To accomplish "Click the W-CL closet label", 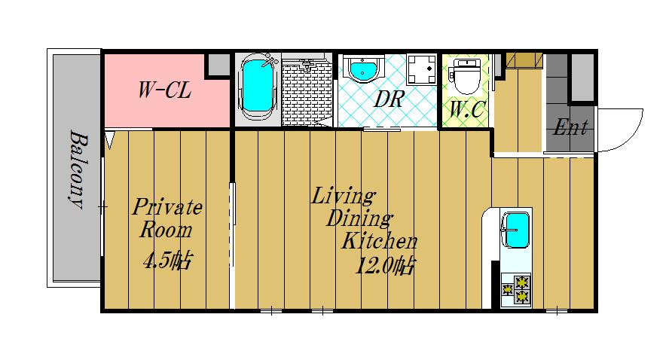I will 163,91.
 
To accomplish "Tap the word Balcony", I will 77,170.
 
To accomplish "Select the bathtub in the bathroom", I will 257,89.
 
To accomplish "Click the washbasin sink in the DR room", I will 363,71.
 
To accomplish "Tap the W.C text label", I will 466,110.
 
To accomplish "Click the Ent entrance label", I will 570,127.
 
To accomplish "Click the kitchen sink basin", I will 516,229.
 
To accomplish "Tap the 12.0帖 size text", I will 385,267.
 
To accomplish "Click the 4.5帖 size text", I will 166,261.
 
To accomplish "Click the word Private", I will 168,207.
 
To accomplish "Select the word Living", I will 344,197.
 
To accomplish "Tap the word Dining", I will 359,220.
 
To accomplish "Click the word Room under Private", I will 164,230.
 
